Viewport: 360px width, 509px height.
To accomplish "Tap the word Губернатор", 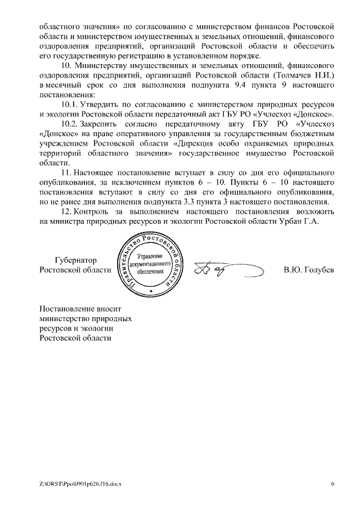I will pyautogui.click(x=76, y=260).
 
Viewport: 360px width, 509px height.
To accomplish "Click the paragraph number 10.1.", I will pyautogui.click(x=70, y=105).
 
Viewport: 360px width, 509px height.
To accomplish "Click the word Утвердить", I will pyautogui.click(x=100, y=105).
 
